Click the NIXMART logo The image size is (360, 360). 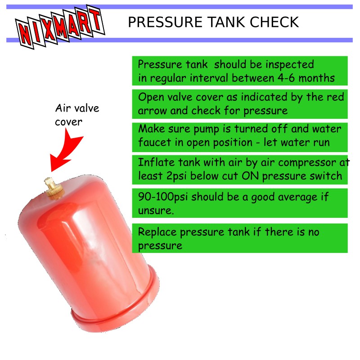pyautogui.click(x=60, y=27)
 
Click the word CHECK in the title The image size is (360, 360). pyautogui.click(x=274, y=22)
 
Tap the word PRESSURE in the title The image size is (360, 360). pyautogui.click(x=165, y=22)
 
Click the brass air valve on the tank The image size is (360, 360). pyautogui.click(x=54, y=188)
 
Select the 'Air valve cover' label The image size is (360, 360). pyautogui.click(x=77, y=115)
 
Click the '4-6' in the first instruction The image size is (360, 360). pyautogui.click(x=286, y=78)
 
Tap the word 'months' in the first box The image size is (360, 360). pyautogui.click(x=316, y=78)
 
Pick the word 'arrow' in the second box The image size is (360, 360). pyautogui.click(x=152, y=111)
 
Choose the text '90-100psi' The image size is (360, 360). pyautogui.click(x=163, y=197)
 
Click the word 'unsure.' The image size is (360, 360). pyautogui.click(x=156, y=211)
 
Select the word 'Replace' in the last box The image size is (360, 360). pyautogui.click(x=157, y=232)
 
